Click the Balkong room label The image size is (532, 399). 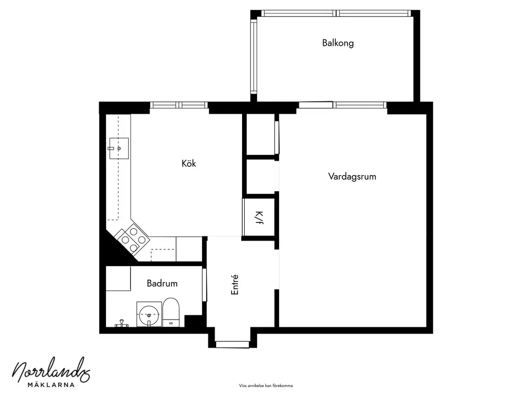coord(338,43)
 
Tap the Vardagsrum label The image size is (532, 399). coord(352,177)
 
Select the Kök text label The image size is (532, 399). coord(189,163)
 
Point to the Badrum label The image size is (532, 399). coord(162,283)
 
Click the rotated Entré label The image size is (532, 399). coord(235,285)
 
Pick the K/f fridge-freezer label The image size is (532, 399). coord(259,218)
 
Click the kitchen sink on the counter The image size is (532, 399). coord(119,148)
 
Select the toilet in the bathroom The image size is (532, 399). coord(170,312)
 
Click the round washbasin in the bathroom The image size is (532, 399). coord(149,314)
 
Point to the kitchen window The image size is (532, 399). coord(179,105)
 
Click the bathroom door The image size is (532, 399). coord(204,285)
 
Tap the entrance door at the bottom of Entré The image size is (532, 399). coord(232,344)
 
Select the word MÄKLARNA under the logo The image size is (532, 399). coord(51,385)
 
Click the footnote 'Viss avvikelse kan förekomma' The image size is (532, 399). coord(266,386)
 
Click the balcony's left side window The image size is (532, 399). coord(254,56)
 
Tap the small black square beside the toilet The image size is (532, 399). coord(193,321)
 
